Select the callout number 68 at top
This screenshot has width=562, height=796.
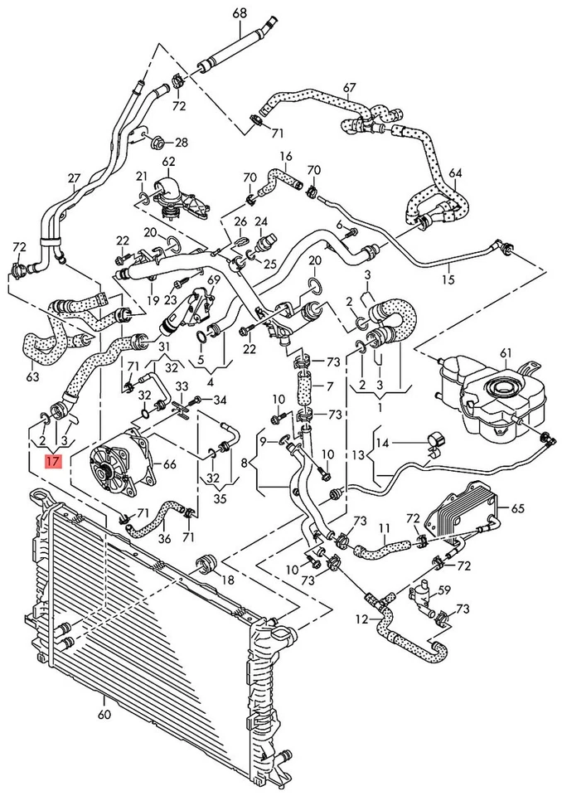point(240,12)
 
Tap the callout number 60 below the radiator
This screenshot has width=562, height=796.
point(104,713)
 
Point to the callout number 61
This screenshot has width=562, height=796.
point(506,354)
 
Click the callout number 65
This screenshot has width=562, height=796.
point(518,507)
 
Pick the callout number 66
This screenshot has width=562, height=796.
point(169,464)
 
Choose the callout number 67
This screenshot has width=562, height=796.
point(349,87)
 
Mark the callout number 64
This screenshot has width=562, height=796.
point(455,173)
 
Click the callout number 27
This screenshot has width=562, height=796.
point(75,178)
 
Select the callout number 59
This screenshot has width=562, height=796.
point(444,590)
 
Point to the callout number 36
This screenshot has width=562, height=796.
point(164,538)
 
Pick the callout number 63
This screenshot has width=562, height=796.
point(32,377)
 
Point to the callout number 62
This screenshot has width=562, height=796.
point(169,162)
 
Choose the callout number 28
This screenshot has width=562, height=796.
point(182,143)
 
